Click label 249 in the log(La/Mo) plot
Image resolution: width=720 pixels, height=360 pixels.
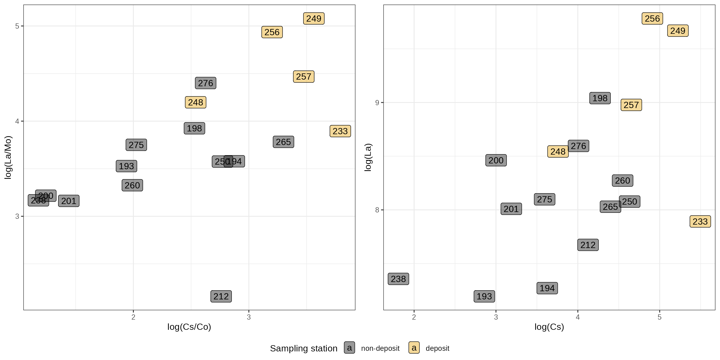(314, 18)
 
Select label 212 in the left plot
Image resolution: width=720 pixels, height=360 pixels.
(221, 296)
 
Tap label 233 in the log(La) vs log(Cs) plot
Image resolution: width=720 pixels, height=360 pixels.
(700, 222)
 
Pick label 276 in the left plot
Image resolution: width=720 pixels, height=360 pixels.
(205, 83)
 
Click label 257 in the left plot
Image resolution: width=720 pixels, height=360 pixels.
(304, 77)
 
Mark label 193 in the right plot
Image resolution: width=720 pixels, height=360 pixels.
(484, 296)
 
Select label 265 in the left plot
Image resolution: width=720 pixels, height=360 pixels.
(283, 142)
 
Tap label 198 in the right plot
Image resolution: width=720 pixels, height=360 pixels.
(600, 98)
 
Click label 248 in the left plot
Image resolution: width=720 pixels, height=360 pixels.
(195, 102)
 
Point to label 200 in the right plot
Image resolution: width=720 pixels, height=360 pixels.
(496, 160)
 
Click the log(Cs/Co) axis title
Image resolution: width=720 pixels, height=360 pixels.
(189, 327)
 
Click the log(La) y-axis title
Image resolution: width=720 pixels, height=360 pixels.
(368, 157)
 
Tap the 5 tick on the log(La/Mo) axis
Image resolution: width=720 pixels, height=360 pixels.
(17, 26)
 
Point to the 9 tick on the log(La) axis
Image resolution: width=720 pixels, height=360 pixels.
(377, 103)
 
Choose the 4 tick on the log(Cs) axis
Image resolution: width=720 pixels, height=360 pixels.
(577, 317)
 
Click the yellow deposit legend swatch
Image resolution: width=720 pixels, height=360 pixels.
(414, 348)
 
